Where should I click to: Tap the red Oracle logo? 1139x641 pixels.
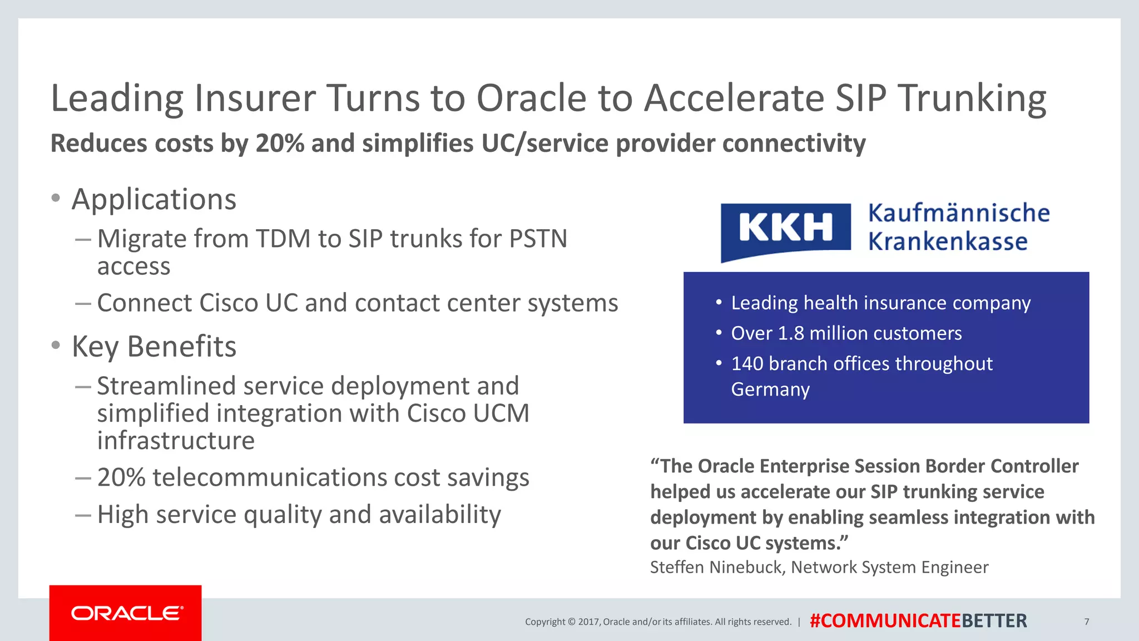pyautogui.click(x=126, y=613)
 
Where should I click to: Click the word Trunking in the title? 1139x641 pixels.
pyautogui.click(x=972, y=99)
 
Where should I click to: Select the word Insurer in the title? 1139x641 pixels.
pyautogui.click(x=255, y=99)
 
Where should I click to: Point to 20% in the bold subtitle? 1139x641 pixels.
pyautogui.click(x=280, y=144)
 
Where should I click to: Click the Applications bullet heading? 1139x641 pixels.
pyautogui.click(x=154, y=199)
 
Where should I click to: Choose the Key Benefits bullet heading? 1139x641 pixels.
pyautogui.click(x=154, y=347)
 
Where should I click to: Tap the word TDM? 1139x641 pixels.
pyautogui.click(x=283, y=239)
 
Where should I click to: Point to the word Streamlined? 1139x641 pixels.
pyautogui.click(x=167, y=386)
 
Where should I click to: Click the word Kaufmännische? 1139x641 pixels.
pyautogui.click(x=959, y=213)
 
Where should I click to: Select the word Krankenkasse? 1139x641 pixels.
pyautogui.click(x=948, y=241)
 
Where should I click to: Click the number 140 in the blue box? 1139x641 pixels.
pyautogui.click(x=747, y=364)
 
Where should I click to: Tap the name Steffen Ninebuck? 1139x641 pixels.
pyautogui.click(x=717, y=568)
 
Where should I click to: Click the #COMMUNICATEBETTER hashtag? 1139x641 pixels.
pyautogui.click(x=918, y=621)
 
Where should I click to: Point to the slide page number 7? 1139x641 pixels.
pyautogui.click(x=1086, y=622)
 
